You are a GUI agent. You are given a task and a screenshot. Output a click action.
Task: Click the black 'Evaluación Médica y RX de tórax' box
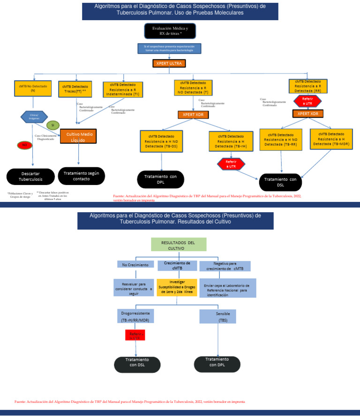point(170,31)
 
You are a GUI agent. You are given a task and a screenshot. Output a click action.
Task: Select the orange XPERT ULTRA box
point(169,63)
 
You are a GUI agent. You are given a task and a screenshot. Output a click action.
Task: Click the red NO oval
point(24,146)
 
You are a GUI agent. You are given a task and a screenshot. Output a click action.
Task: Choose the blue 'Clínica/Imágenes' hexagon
point(34,116)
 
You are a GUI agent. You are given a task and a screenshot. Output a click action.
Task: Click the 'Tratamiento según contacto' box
point(81,176)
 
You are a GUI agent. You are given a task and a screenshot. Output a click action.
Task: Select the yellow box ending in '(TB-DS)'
point(161,141)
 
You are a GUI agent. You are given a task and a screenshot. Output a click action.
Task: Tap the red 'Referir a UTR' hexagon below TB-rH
point(231,164)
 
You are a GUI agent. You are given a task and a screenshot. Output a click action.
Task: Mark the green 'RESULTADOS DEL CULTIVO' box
point(178,245)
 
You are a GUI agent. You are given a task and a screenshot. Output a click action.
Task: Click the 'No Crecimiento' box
point(135,265)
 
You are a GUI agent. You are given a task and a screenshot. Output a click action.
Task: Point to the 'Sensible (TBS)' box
point(217,316)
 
